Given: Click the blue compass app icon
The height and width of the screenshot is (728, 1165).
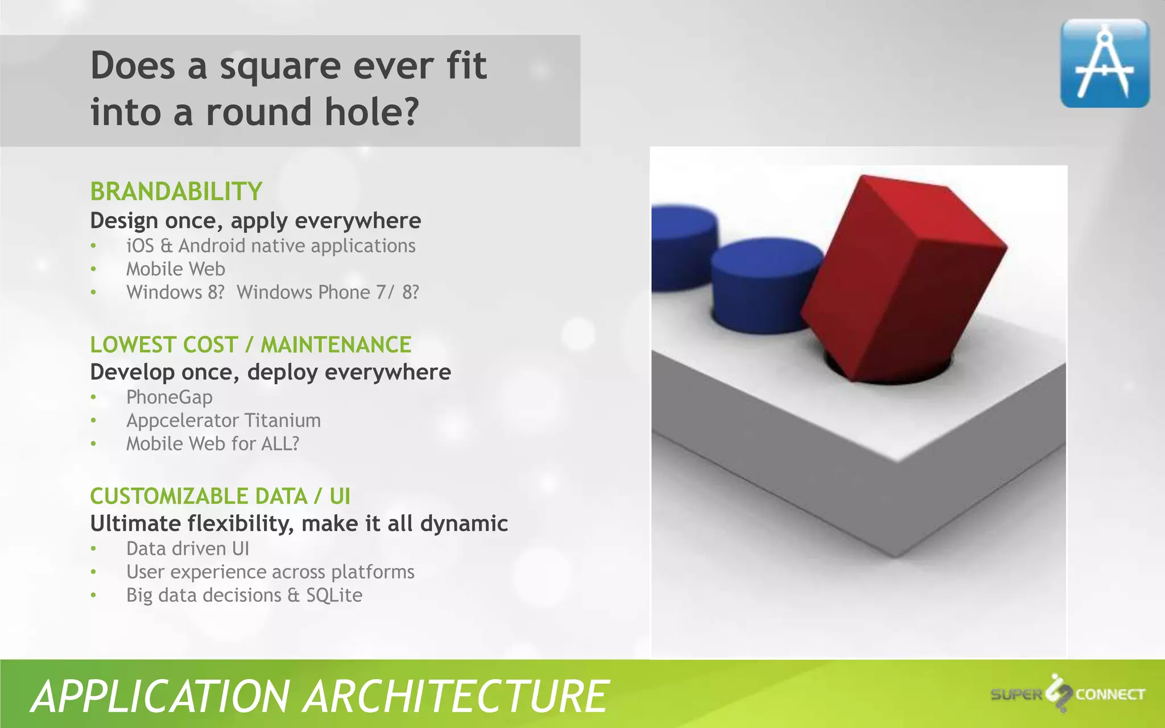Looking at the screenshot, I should pos(1105,63).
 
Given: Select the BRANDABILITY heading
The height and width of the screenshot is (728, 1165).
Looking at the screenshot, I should pos(176,192).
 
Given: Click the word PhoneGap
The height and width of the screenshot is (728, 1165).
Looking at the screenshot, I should pos(170,397).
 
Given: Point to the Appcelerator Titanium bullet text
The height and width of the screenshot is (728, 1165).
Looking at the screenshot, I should pos(224,420).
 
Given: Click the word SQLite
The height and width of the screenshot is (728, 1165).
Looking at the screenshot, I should pos(334,595).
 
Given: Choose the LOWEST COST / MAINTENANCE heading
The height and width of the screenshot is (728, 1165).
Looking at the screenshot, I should pos(250,345).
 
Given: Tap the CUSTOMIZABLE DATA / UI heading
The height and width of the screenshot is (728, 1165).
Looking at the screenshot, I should pos(220,496).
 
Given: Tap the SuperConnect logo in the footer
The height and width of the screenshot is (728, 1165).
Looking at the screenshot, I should pos(1067,694).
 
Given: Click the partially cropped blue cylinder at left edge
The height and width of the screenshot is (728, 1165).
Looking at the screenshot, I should pos(680,247).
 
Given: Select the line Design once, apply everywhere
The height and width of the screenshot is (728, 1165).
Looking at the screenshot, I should pos(255,221).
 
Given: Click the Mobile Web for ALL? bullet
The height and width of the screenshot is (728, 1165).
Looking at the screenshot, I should pos(213,444).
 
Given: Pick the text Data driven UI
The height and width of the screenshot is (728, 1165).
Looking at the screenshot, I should pos(188,548).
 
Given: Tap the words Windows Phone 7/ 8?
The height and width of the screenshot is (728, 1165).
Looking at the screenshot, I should pos(328,292).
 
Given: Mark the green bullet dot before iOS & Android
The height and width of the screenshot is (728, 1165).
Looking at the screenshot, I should pos(94,246).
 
